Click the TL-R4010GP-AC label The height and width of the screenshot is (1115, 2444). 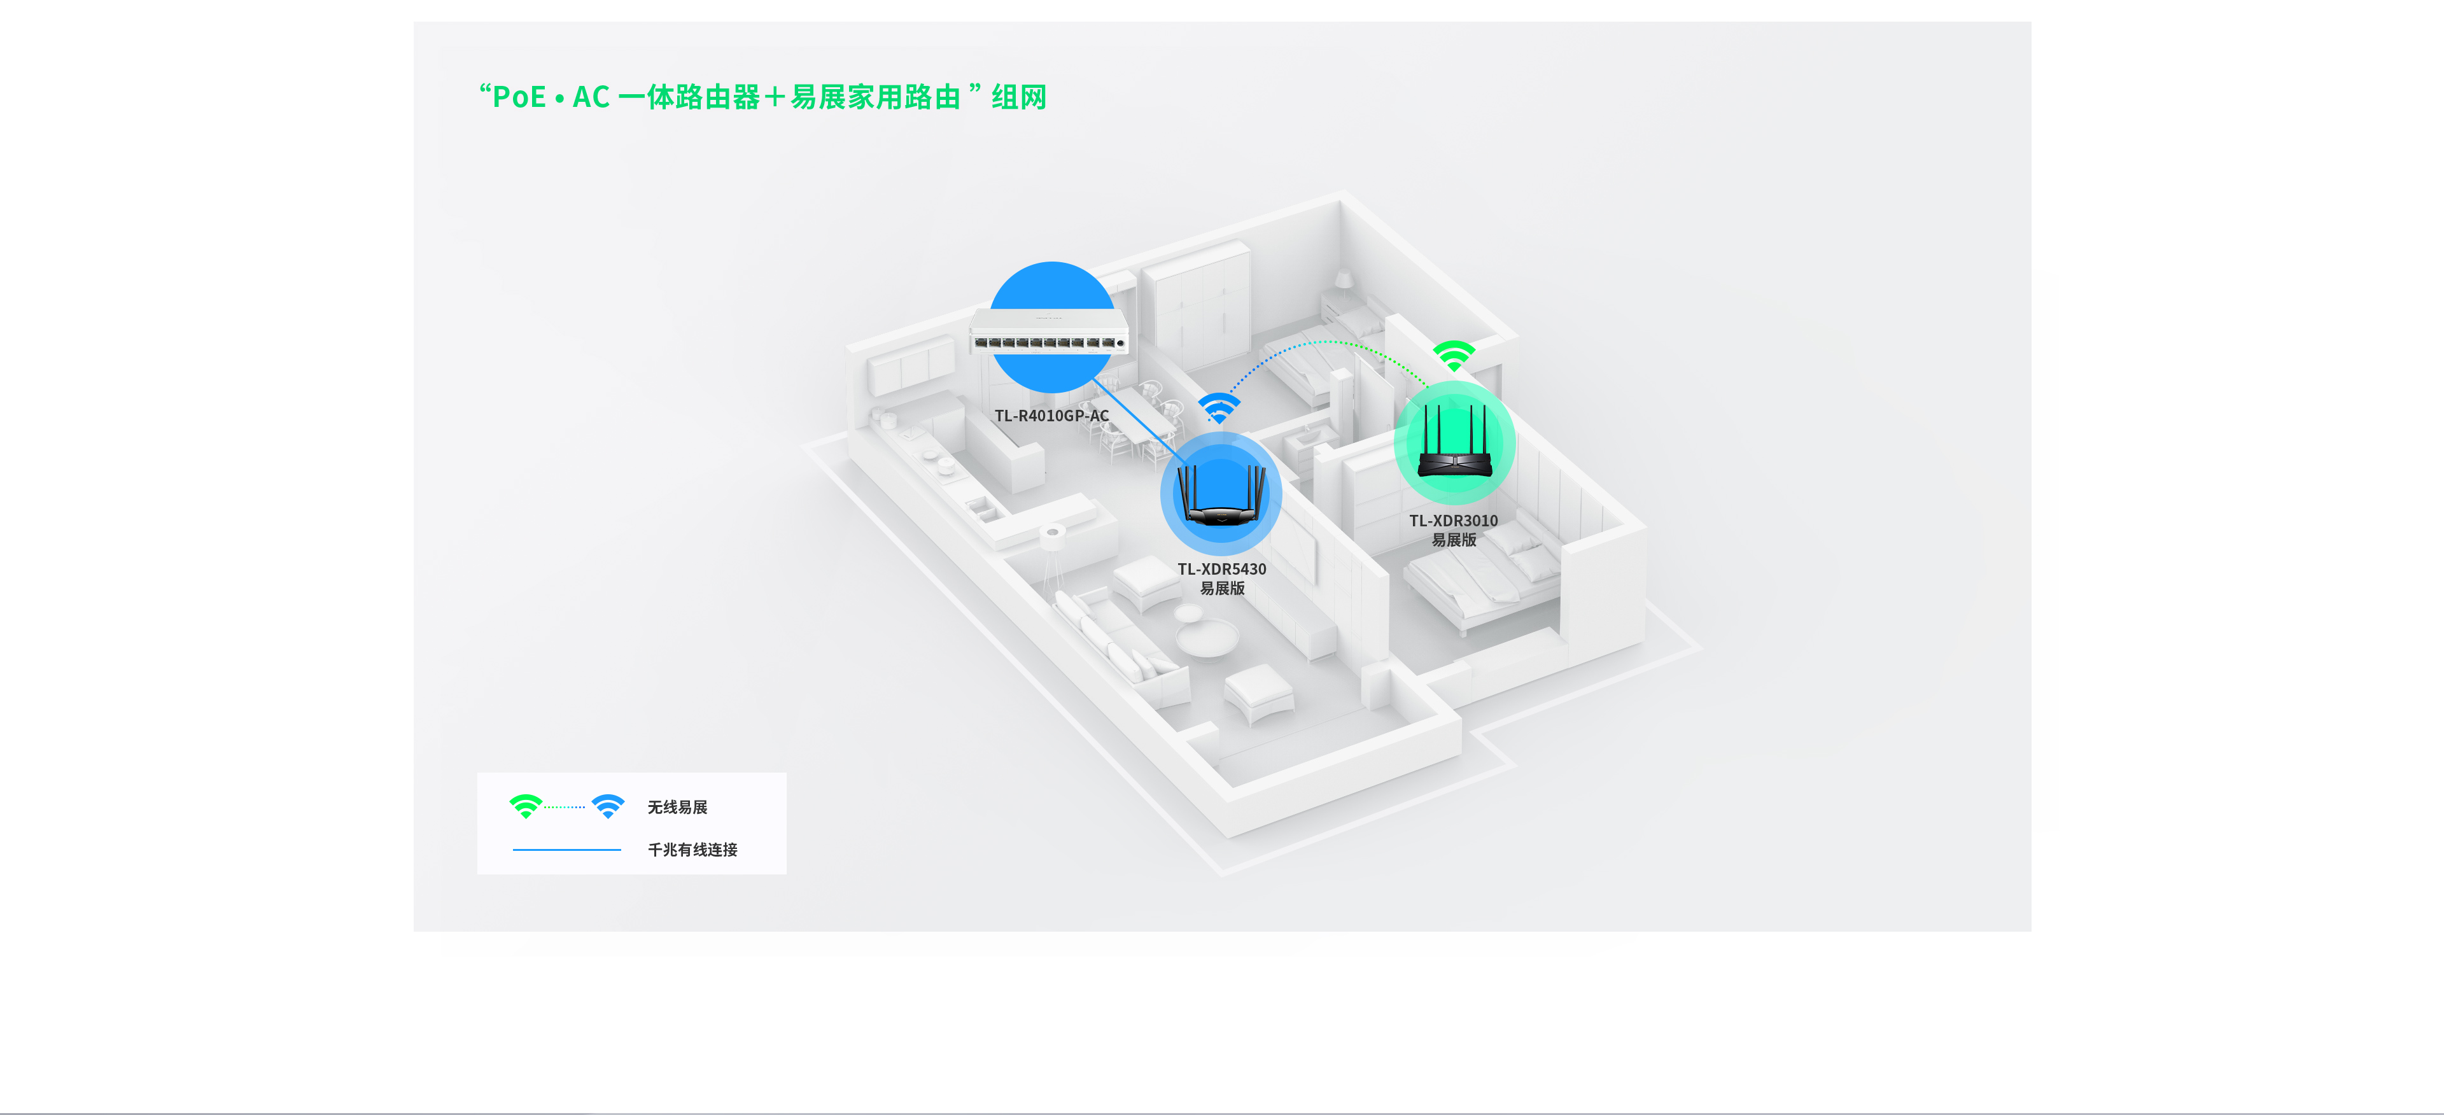point(1051,416)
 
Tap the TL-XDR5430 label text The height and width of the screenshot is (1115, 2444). point(1221,570)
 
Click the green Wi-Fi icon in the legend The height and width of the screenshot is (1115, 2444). point(526,806)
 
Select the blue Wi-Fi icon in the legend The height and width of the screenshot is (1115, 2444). point(608,806)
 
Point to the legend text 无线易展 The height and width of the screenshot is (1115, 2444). point(677,806)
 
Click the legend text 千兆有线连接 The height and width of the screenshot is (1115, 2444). point(692,850)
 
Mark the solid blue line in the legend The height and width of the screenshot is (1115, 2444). point(566,850)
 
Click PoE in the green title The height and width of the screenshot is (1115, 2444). point(519,97)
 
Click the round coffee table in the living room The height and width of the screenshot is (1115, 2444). point(1206,637)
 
